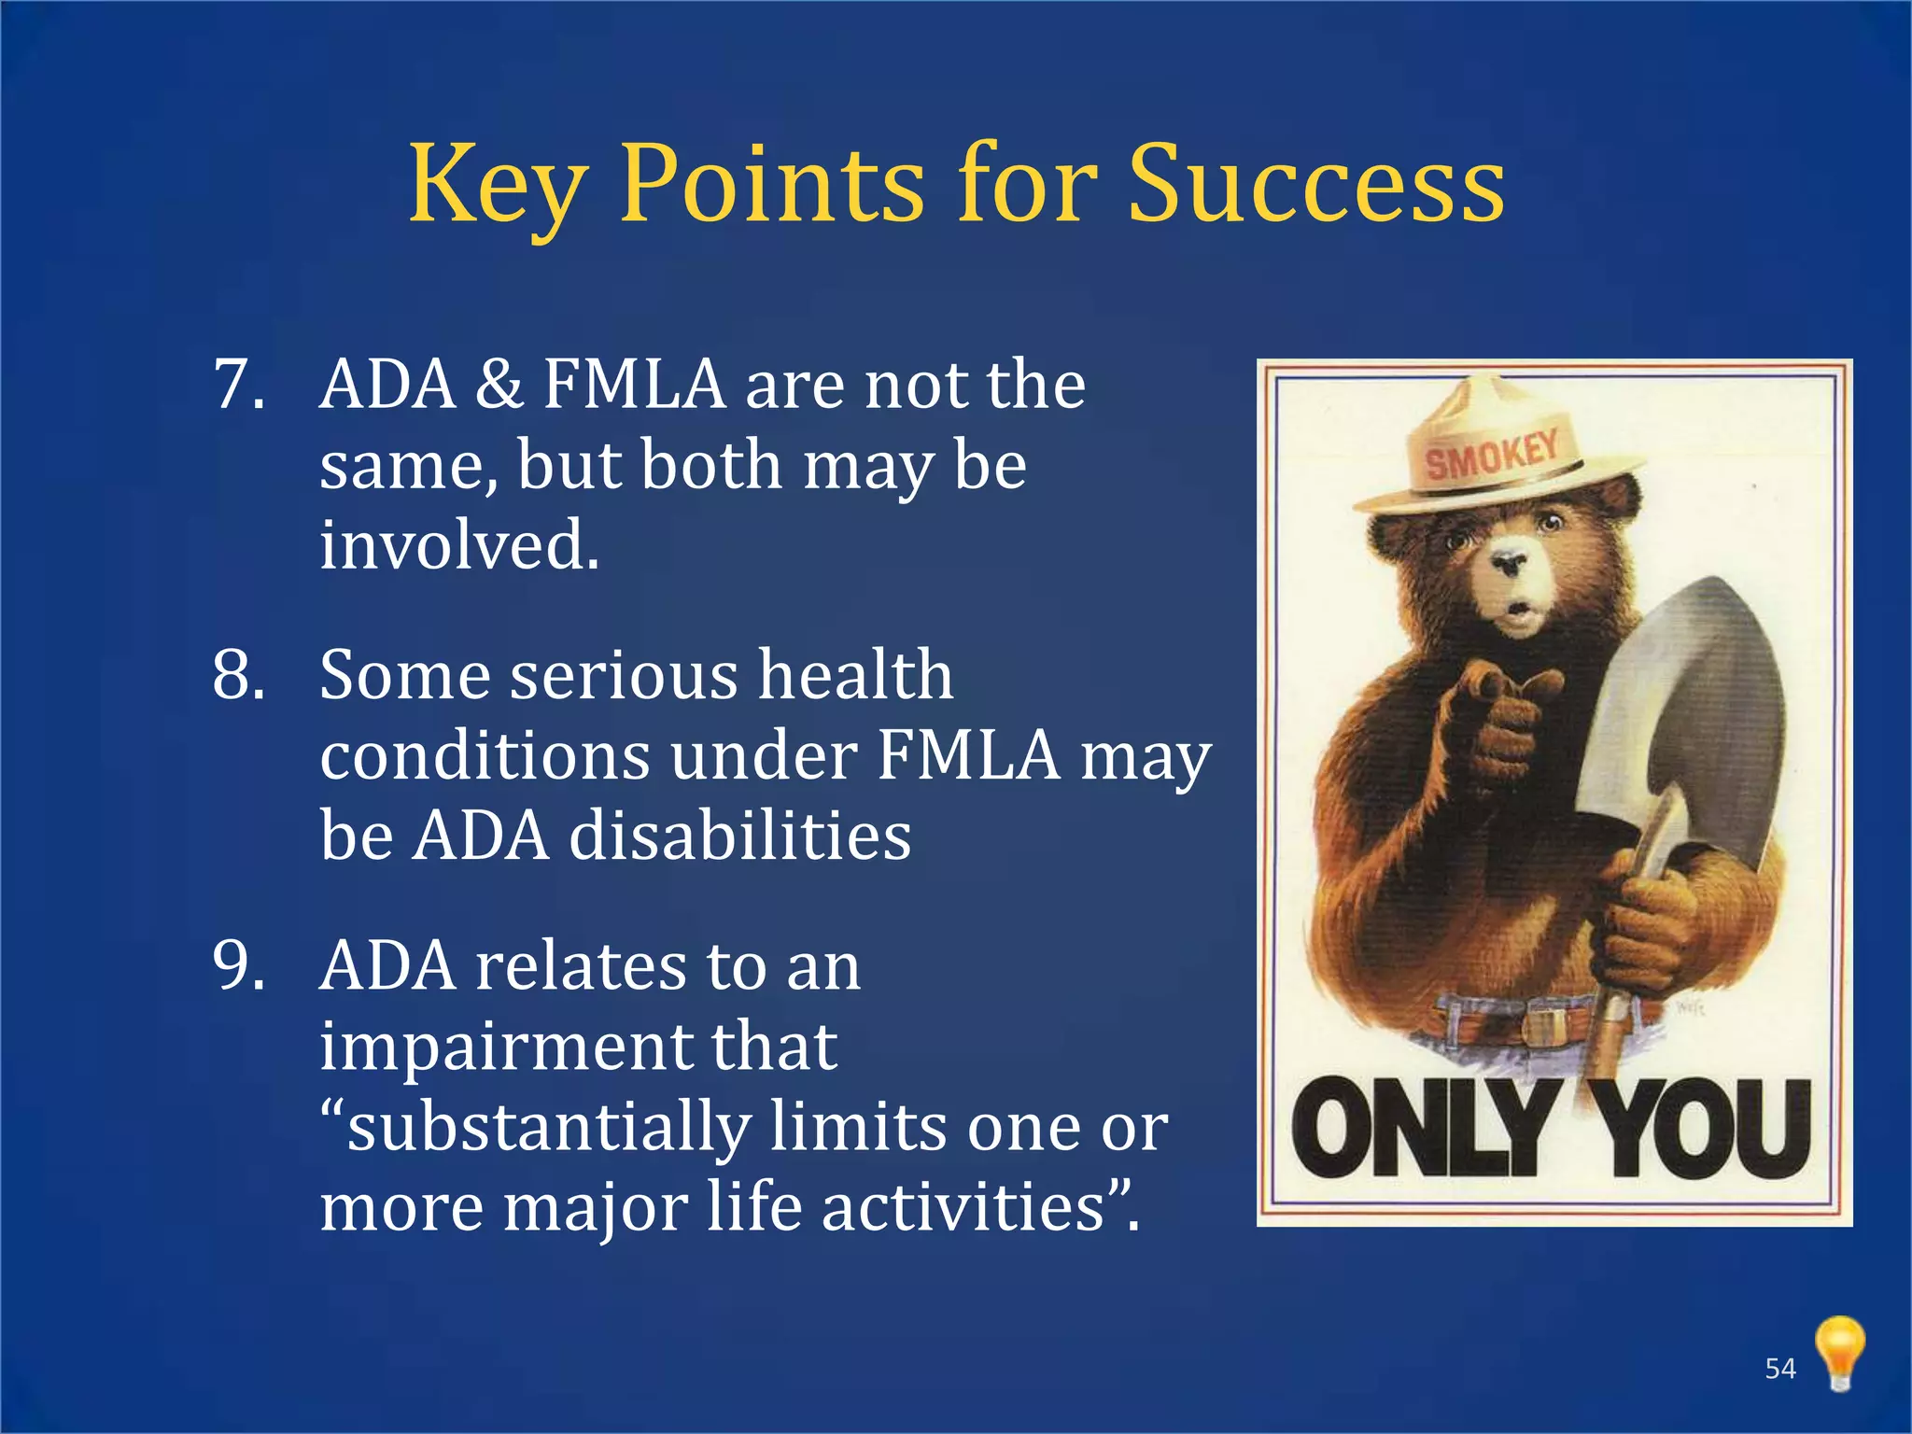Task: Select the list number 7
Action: pos(239,385)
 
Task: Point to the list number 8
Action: pos(239,674)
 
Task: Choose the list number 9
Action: pos(239,965)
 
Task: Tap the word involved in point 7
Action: pos(459,545)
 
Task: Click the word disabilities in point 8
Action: pos(740,835)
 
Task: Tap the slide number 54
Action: pos(1780,1369)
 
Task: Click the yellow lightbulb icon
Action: pos(1839,1352)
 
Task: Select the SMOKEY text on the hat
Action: pos(1492,453)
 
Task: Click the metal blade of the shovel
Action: pos(1690,710)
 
